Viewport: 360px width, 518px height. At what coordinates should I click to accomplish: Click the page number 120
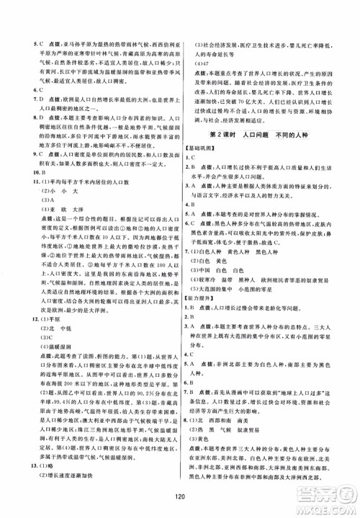tap(180, 496)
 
